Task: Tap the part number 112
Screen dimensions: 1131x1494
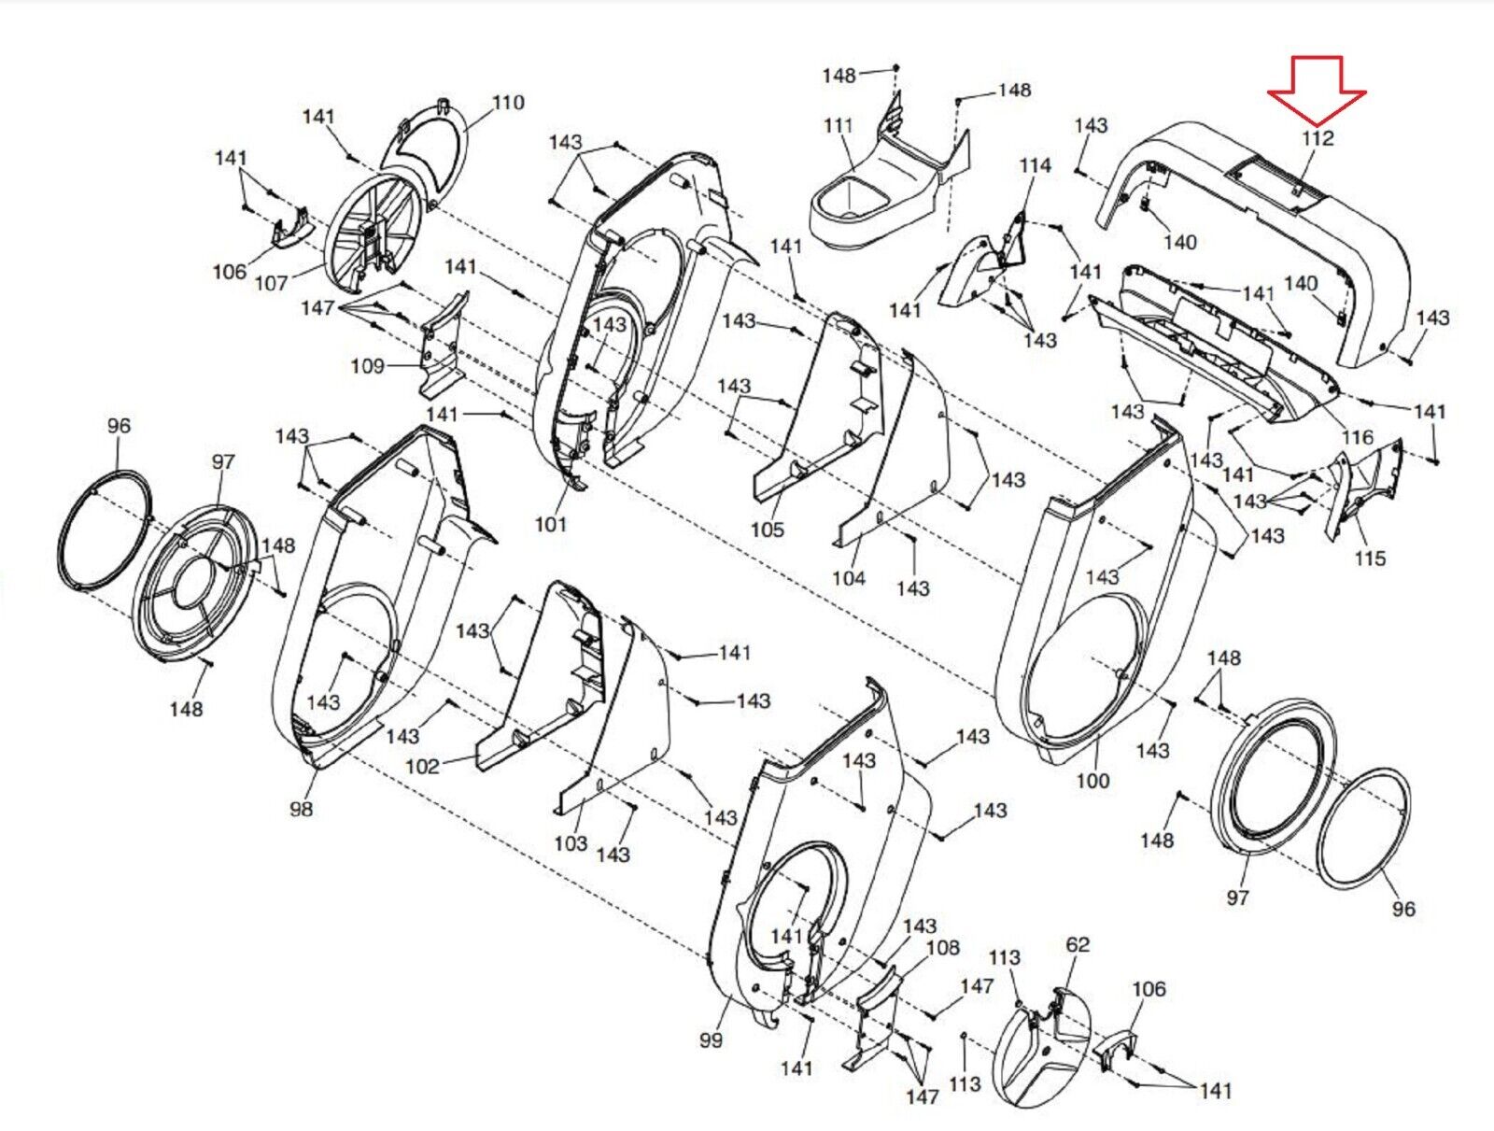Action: (x=1318, y=138)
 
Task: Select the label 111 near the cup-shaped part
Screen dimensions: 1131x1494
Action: (x=839, y=125)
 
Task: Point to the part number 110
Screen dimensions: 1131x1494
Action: (x=508, y=103)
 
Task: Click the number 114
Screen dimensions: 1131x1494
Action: (x=1035, y=165)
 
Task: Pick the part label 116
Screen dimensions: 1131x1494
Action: (x=1357, y=437)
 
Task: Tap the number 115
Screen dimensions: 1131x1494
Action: (x=1370, y=558)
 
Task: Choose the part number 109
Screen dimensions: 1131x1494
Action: (x=367, y=366)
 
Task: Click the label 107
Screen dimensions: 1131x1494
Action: (x=272, y=283)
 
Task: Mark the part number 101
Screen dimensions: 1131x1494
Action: (x=550, y=524)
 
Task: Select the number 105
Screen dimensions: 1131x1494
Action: (x=768, y=530)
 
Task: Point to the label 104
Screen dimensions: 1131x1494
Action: (x=849, y=578)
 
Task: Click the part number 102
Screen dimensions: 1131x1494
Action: (x=422, y=767)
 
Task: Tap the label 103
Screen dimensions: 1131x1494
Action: (x=571, y=843)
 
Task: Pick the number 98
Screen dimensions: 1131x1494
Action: (x=301, y=809)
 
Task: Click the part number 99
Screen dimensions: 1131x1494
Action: (x=711, y=1039)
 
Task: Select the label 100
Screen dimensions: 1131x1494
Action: (x=1092, y=780)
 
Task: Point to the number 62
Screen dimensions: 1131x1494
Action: (x=1078, y=944)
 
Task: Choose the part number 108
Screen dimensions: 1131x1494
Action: (x=943, y=948)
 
